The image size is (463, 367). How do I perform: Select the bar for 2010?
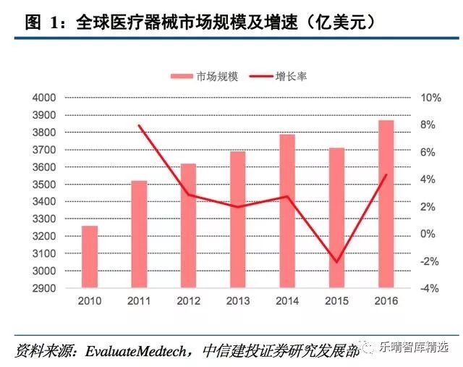[x=89, y=257]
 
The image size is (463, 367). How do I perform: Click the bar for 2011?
[x=139, y=235]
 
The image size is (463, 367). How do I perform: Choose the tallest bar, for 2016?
[x=386, y=204]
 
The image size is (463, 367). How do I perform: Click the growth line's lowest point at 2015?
[x=336, y=261]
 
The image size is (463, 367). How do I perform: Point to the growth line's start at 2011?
[x=139, y=125]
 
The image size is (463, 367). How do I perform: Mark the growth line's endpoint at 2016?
[x=386, y=174]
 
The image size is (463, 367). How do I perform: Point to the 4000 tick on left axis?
[x=44, y=98]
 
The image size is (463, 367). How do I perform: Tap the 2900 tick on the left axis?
[x=44, y=289]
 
